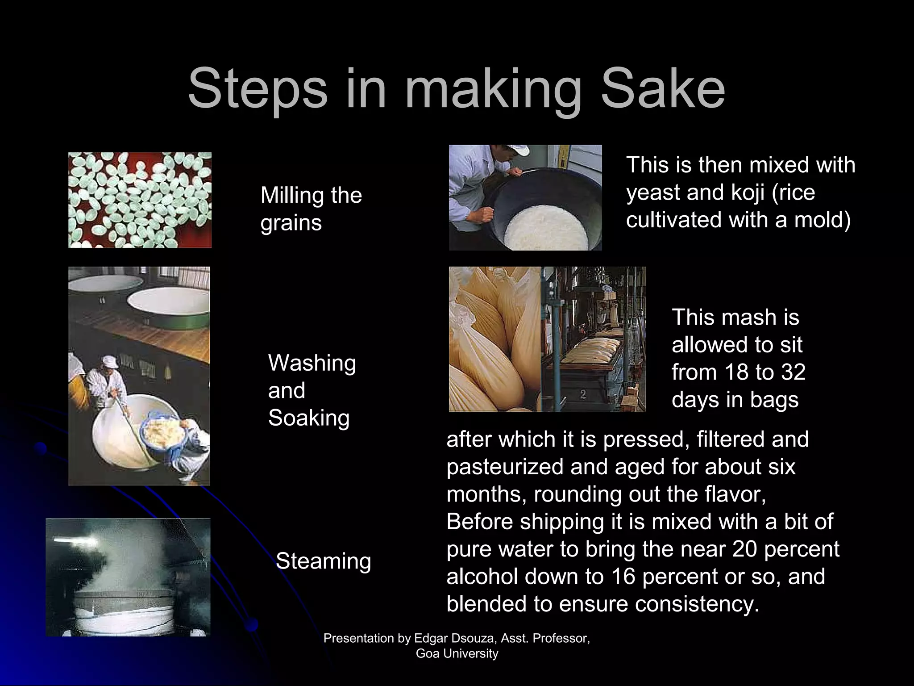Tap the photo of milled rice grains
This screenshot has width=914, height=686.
140,200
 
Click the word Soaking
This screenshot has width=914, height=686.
309,418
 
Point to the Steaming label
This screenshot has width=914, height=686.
324,561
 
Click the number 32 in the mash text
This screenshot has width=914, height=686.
793,372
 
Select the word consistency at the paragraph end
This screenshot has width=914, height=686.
697,604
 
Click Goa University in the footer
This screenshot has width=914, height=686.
457,653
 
